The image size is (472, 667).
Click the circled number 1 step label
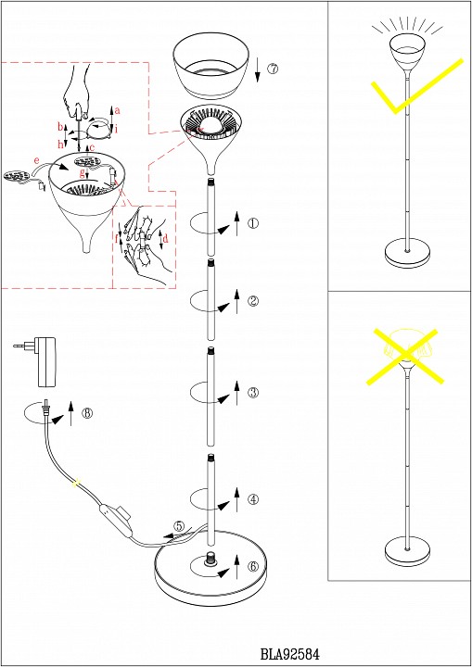click(253, 223)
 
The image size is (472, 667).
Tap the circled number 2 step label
click(253, 301)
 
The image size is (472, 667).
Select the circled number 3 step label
click(253, 392)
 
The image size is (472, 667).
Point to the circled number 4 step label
click(253, 499)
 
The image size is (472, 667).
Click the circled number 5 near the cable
click(180, 526)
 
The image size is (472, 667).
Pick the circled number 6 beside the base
click(253, 567)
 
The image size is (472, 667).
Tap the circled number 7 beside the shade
click(273, 68)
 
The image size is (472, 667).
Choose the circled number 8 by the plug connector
click(87, 412)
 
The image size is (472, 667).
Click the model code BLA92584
click(290, 653)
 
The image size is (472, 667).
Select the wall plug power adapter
click(41, 361)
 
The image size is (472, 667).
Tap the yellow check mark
click(415, 86)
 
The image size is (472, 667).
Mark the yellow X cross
click(405, 356)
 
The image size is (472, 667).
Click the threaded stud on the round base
click(210, 559)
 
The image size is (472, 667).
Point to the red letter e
click(37, 160)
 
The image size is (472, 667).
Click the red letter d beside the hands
click(166, 239)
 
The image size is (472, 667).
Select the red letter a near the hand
click(118, 111)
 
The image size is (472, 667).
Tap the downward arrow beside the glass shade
click(257, 71)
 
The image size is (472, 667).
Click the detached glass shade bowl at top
click(210, 69)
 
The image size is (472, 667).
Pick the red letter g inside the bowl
click(83, 172)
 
